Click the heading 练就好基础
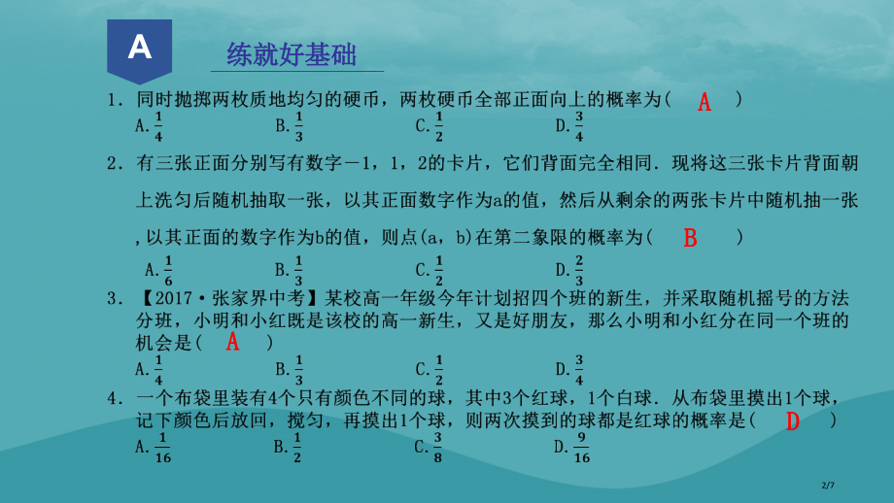pos(292,54)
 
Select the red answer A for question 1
pos(705,102)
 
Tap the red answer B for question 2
pos(691,238)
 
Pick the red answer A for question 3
pos(233,342)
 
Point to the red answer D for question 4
pos(792,421)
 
